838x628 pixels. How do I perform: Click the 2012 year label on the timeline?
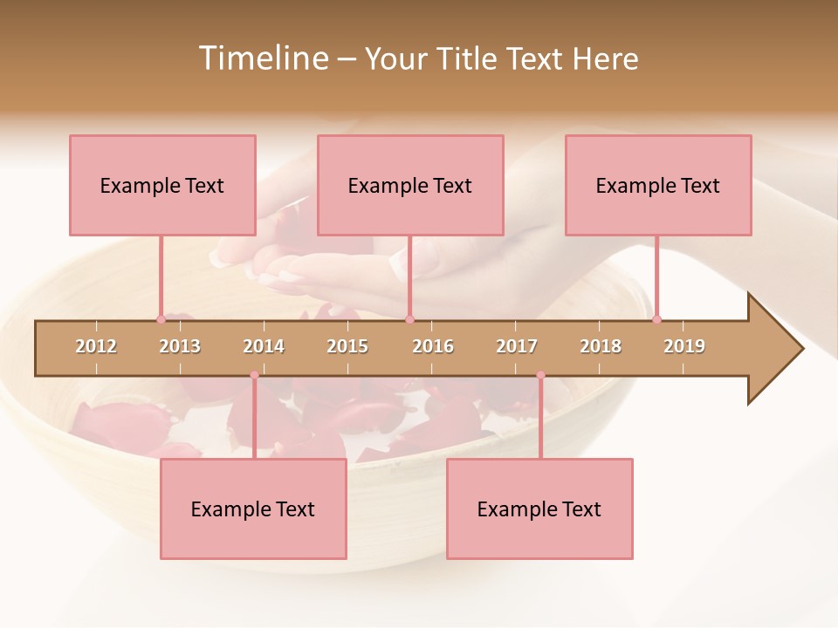click(x=96, y=346)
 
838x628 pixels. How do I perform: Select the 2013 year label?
click(x=180, y=346)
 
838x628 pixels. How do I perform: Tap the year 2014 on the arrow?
click(x=264, y=346)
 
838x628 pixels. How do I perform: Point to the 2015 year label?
click(x=347, y=346)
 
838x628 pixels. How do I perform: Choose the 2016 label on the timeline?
click(x=433, y=346)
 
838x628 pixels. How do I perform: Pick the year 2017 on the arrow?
click(x=517, y=346)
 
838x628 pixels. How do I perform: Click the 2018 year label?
click(x=601, y=346)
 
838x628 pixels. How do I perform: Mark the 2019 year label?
click(x=684, y=346)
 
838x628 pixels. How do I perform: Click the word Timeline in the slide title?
click(x=261, y=58)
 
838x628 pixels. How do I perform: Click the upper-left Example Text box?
click(x=162, y=185)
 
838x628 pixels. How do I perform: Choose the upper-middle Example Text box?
click(x=410, y=185)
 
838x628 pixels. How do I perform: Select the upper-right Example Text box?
click(x=658, y=185)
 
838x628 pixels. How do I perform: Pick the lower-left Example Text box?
click(x=253, y=509)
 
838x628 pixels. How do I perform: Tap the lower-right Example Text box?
click(x=539, y=509)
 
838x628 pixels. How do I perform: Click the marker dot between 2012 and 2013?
click(x=161, y=319)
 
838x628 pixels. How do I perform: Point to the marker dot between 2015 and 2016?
click(x=409, y=319)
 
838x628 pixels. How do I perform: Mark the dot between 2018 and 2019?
click(x=656, y=319)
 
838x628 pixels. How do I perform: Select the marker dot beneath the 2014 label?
click(x=254, y=375)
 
